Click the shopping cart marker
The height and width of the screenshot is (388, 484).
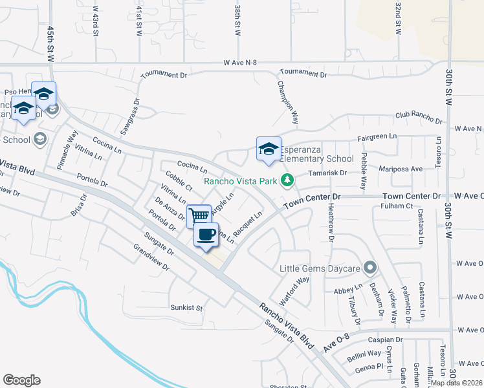click(199, 215)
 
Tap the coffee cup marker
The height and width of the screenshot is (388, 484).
click(206, 234)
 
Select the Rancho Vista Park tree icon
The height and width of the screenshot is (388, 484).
click(292, 180)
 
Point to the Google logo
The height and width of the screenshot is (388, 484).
click(21, 380)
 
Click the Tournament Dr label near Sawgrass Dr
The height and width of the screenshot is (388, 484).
click(164, 74)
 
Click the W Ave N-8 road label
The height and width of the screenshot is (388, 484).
click(240, 63)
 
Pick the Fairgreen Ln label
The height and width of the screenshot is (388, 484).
click(377, 137)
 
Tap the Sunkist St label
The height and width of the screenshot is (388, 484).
click(186, 307)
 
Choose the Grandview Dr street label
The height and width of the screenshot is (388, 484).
click(151, 257)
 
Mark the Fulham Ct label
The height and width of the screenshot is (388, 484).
click(397, 206)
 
